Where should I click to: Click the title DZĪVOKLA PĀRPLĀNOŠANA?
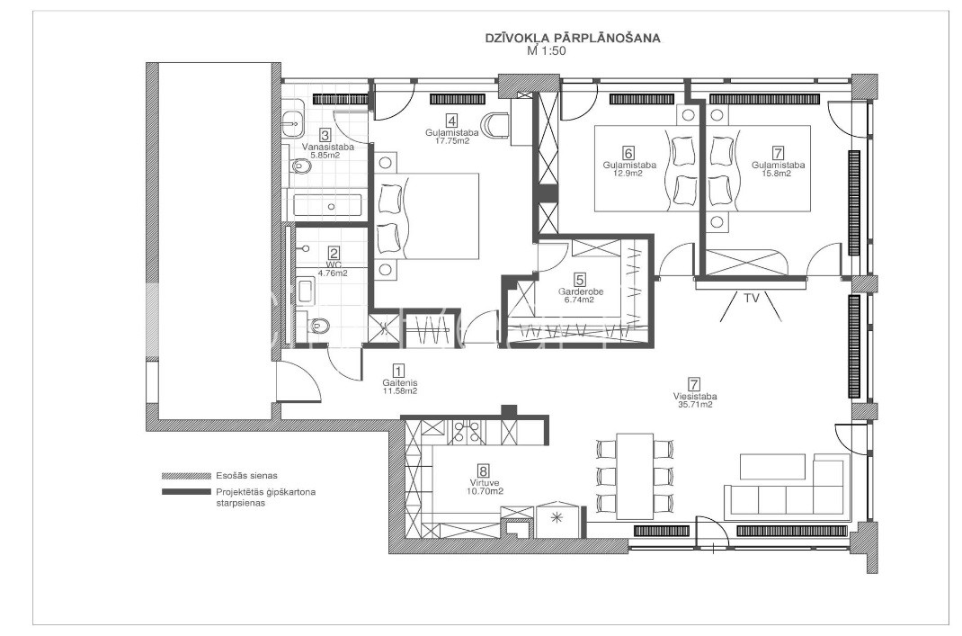[x=573, y=38]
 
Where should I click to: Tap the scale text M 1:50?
[x=546, y=51]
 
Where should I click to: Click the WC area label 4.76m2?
[x=334, y=273]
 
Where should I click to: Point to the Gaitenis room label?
[x=399, y=382]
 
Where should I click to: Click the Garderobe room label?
[x=581, y=291]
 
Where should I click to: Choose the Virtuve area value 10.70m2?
[x=484, y=491]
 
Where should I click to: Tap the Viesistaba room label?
[x=694, y=397]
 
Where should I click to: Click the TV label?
[x=752, y=299]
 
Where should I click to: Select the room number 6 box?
[x=628, y=153]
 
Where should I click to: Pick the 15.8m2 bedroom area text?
[x=778, y=173]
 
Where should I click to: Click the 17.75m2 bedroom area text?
[x=452, y=140]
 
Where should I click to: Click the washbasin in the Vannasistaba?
[x=293, y=124]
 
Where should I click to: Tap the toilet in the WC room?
[x=318, y=325]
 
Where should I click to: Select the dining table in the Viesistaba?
[x=635, y=477]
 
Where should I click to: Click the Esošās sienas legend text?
[x=246, y=476]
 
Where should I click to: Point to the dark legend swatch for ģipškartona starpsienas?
[x=186, y=492]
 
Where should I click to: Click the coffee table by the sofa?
[x=773, y=467]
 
